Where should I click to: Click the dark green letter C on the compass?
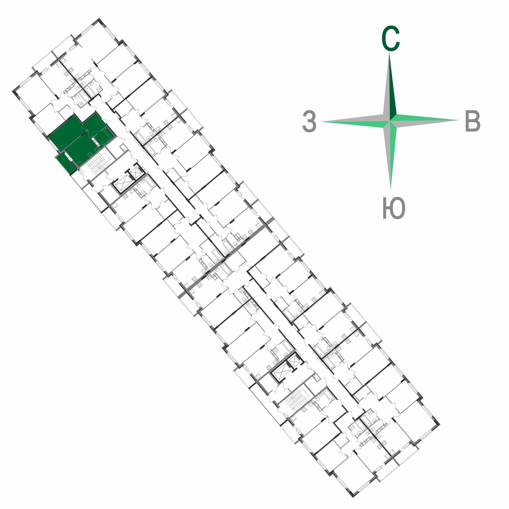pyautogui.click(x=390, y=38)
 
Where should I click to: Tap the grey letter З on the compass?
pyautogui.click(x=310, y=122)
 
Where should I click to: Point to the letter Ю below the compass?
pyautogui.click(x=394, y=208)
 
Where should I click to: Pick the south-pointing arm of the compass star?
pyautogui.click(x=390, y=155)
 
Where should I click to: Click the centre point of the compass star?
pyautogui.click(x=390, y=121)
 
